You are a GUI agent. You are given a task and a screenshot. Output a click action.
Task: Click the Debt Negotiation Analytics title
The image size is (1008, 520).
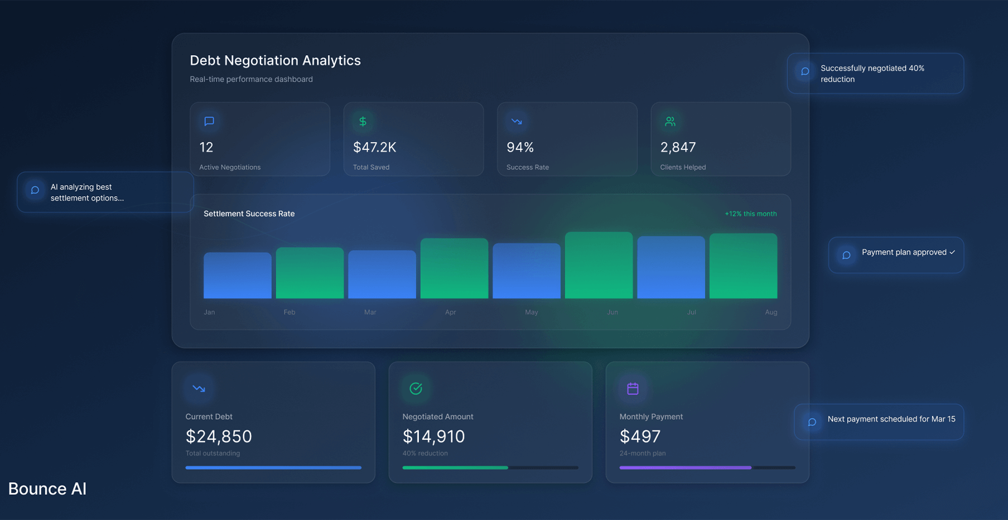(275, 60)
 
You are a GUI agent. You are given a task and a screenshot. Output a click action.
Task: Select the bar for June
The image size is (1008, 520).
(599, 265)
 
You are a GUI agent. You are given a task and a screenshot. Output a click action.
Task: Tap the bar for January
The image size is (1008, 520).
(237, 275)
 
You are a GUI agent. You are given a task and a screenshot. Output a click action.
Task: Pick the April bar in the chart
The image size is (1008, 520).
(454, 268)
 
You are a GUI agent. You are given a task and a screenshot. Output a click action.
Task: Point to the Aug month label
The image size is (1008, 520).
(770, 312)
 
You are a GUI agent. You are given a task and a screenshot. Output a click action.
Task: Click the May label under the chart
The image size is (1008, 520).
(531, 312)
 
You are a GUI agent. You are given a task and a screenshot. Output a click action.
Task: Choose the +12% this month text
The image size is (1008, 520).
(750, 214)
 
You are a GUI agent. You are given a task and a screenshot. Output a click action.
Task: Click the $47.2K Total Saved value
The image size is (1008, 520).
(374, 147)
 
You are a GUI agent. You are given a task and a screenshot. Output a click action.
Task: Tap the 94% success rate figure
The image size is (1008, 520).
(520, 147)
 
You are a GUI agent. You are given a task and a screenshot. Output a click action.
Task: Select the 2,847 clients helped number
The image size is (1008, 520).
(678, 147)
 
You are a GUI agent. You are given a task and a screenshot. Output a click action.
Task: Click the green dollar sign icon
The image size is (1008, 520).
(363, 121)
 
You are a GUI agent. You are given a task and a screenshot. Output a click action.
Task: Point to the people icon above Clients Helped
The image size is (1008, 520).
(670, 121)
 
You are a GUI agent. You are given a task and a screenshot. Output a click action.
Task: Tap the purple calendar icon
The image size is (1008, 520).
(633, 388)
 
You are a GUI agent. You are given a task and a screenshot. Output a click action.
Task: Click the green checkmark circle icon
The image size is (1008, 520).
(416, 388)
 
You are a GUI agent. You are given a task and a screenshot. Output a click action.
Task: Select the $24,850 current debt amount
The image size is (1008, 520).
(219, 436)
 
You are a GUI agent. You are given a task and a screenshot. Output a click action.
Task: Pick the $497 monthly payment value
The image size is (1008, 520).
(640, 436)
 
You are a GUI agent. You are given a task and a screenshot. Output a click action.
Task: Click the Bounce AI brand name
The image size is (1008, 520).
(47, 489)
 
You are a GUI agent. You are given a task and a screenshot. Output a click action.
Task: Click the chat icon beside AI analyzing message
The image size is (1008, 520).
(35, 190)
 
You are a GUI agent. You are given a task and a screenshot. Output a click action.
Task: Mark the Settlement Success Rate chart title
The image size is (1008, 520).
(249, 213)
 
